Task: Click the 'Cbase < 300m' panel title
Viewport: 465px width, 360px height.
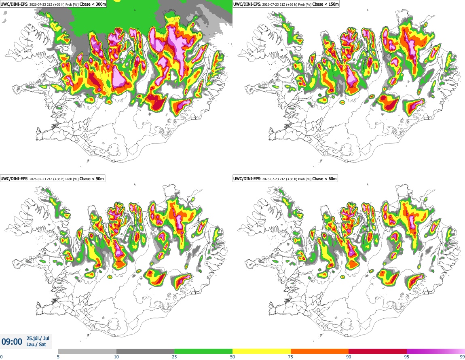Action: point(93,4)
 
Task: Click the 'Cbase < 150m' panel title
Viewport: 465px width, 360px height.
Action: point(325,4)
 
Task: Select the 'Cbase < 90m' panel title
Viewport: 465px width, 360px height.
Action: point(92,179)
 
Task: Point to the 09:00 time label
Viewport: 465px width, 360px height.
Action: point(12,342)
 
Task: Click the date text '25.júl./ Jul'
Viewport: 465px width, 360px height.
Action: point(38,338)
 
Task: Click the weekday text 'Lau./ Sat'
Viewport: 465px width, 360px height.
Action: point(36,345)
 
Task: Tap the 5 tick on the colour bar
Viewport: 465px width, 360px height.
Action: point(58,357)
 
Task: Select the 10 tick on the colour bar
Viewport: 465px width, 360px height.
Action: point(116,357)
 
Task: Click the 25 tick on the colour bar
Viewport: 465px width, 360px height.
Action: point(174,357)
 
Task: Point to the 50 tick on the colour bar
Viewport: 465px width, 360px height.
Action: point(232,357)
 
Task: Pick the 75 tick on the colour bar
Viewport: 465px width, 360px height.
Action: point(291,357)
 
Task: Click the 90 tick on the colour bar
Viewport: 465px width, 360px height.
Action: point(349,357)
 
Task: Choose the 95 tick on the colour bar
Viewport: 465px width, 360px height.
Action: point(407,357)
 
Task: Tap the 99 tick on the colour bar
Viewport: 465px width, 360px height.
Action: point(462,357)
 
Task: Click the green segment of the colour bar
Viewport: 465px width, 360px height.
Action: point(203,352)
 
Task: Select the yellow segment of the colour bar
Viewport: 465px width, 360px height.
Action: point(262,352)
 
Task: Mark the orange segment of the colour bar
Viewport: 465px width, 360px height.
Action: point(320,352)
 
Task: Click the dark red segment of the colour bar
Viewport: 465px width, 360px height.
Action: point(378,352)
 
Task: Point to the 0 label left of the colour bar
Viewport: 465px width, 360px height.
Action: point(2,357)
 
